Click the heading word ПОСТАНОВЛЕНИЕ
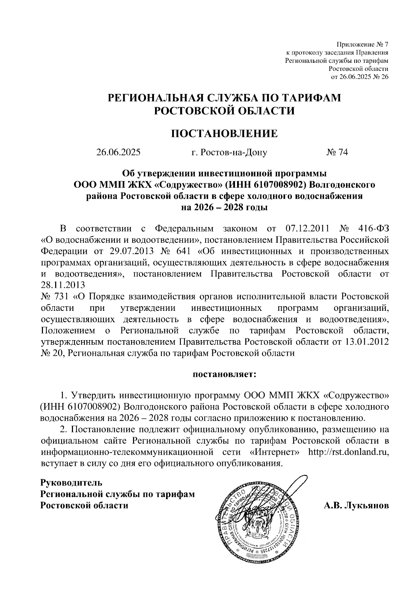point(224,133)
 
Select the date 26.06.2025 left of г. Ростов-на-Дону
point(119,152)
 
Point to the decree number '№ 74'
point(337,152)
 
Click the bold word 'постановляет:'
point(224,375)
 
